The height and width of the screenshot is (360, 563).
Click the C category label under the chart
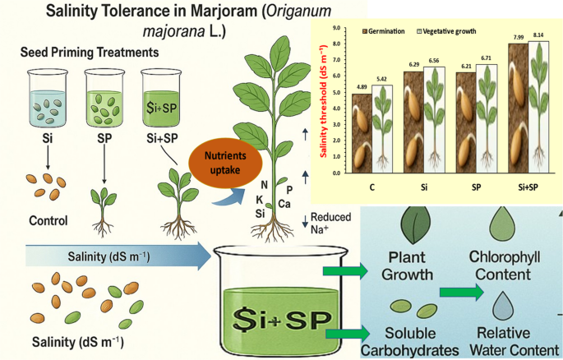point(371,187)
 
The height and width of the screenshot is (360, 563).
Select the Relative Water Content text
point(505,339)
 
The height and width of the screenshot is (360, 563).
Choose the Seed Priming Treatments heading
point(89,53)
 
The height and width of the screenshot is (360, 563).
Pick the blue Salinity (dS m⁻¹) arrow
point(115,256)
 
